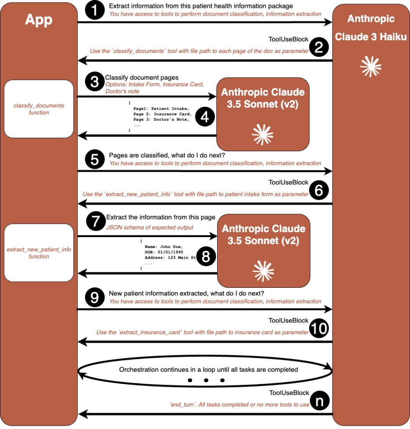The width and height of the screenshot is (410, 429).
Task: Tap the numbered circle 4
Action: (x=205, y=117)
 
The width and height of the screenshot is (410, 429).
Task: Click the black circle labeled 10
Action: (x=319, y=329)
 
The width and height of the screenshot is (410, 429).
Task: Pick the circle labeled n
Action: (x=319, y=401)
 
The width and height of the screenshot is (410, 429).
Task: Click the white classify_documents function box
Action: (x=39, y=109)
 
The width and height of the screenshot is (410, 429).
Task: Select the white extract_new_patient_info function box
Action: (x=39, y=253)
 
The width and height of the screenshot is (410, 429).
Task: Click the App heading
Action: (x=38, y=20)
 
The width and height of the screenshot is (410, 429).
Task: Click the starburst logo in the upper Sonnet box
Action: (x=263, y=134)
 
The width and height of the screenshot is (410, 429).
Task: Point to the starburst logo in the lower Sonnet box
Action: (x=264, y=271)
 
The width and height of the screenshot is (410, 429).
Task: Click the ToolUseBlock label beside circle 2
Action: (x=288, y=39)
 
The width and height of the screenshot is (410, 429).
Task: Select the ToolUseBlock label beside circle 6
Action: (x=288, y=183)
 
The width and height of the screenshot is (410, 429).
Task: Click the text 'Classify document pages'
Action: (x=142, y=78)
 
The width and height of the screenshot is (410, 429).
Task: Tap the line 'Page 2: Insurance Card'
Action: (x=162, y=114)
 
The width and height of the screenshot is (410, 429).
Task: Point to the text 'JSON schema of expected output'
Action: (x=150, y=227)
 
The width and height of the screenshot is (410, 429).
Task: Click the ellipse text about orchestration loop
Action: (x=208, y=370)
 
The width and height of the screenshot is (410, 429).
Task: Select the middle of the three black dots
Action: (x=206, y=380)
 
